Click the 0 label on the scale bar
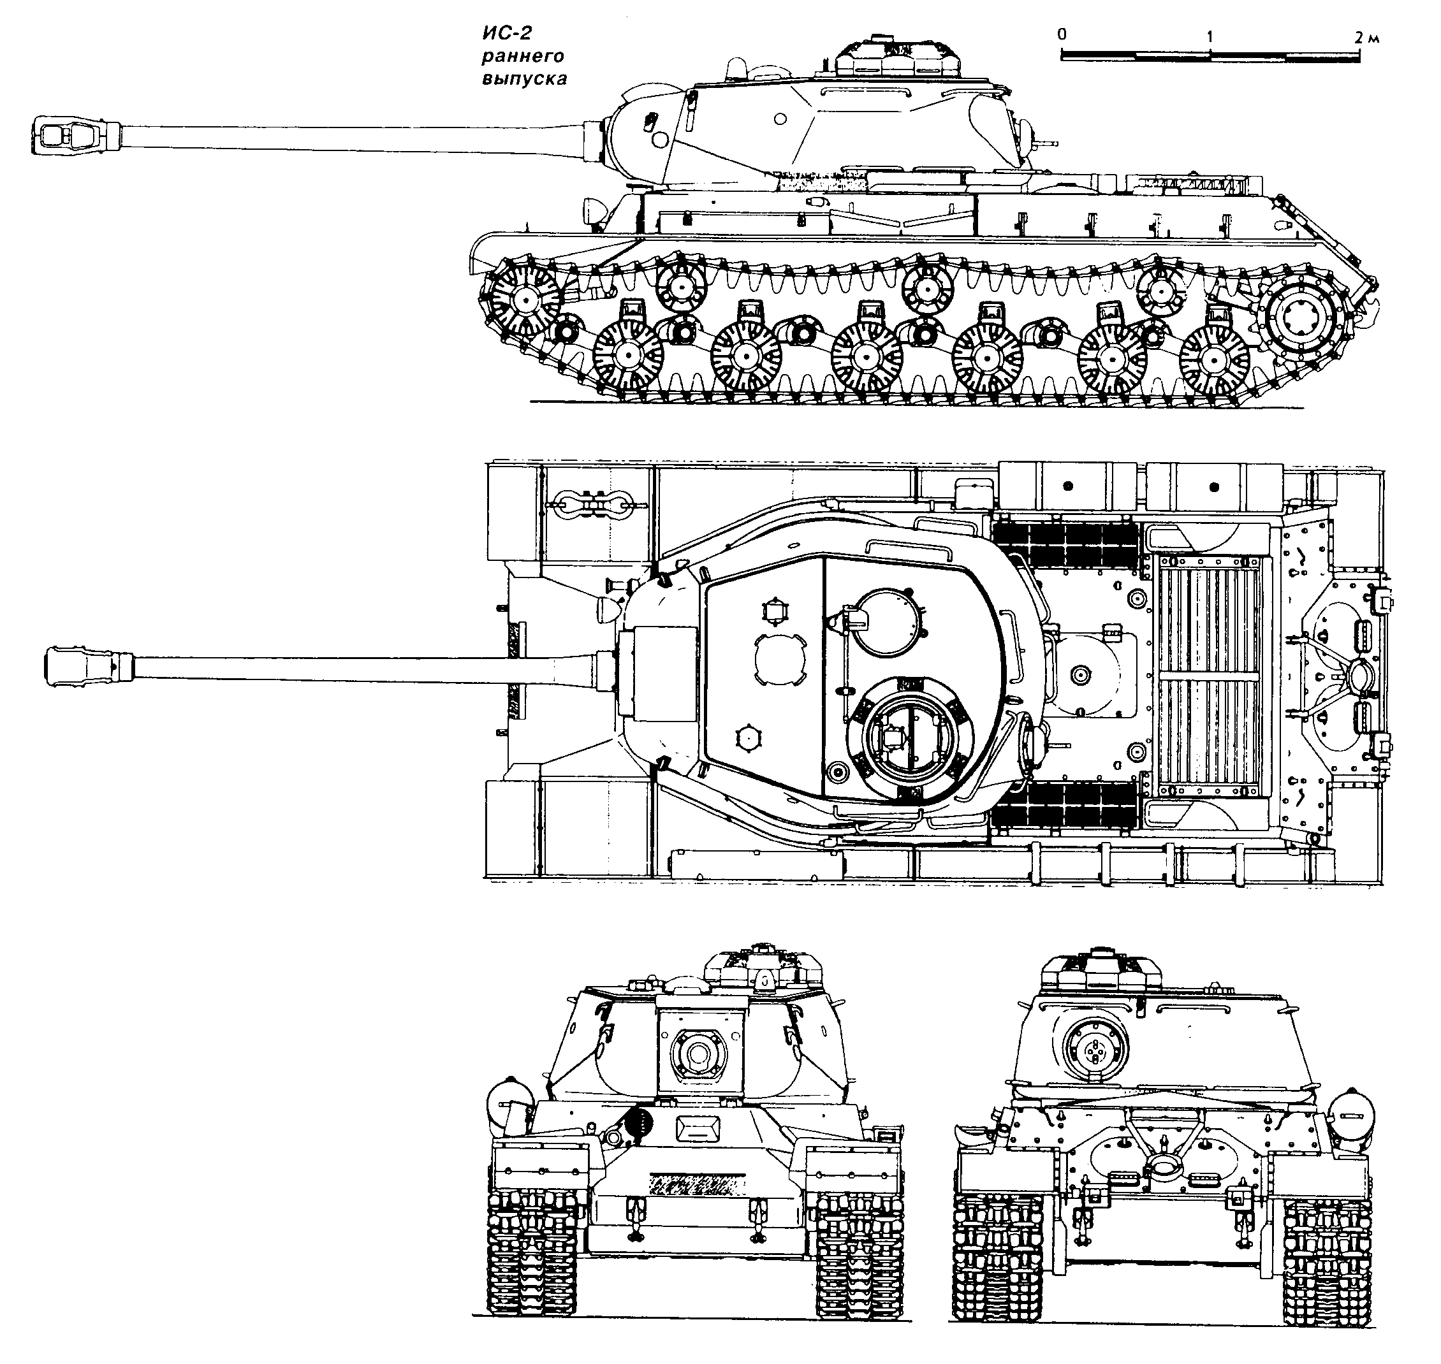(x=1063, y=34)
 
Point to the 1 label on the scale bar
(x=1209, y=36)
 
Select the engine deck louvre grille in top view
(x=1208, y=676)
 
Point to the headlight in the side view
(x=594, y=211)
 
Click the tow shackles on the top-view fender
(x=590, y=504)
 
